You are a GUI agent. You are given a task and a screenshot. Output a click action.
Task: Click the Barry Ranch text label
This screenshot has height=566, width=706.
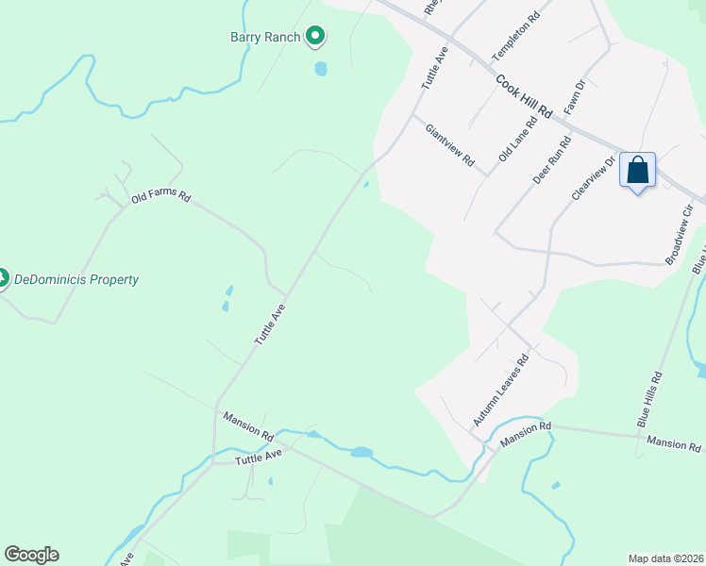click(265, 38)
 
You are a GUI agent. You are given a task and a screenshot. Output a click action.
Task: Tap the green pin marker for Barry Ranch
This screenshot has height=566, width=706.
click(315, 37)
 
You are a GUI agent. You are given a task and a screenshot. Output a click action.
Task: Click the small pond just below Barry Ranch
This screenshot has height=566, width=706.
click(321, 69)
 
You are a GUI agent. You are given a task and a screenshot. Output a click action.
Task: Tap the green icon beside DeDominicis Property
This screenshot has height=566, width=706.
click(2, 278)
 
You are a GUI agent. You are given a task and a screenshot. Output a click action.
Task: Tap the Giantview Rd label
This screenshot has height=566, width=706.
click(449, 145)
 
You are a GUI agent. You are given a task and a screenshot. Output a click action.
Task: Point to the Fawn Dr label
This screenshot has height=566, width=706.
click(576, 97)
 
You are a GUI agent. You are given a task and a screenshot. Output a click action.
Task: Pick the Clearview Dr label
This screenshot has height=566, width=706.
click(594, 178)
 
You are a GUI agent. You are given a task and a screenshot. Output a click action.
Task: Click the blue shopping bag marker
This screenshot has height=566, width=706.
click(638, 172)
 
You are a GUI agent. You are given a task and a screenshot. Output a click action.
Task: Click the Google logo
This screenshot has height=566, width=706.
click(31, 555)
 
